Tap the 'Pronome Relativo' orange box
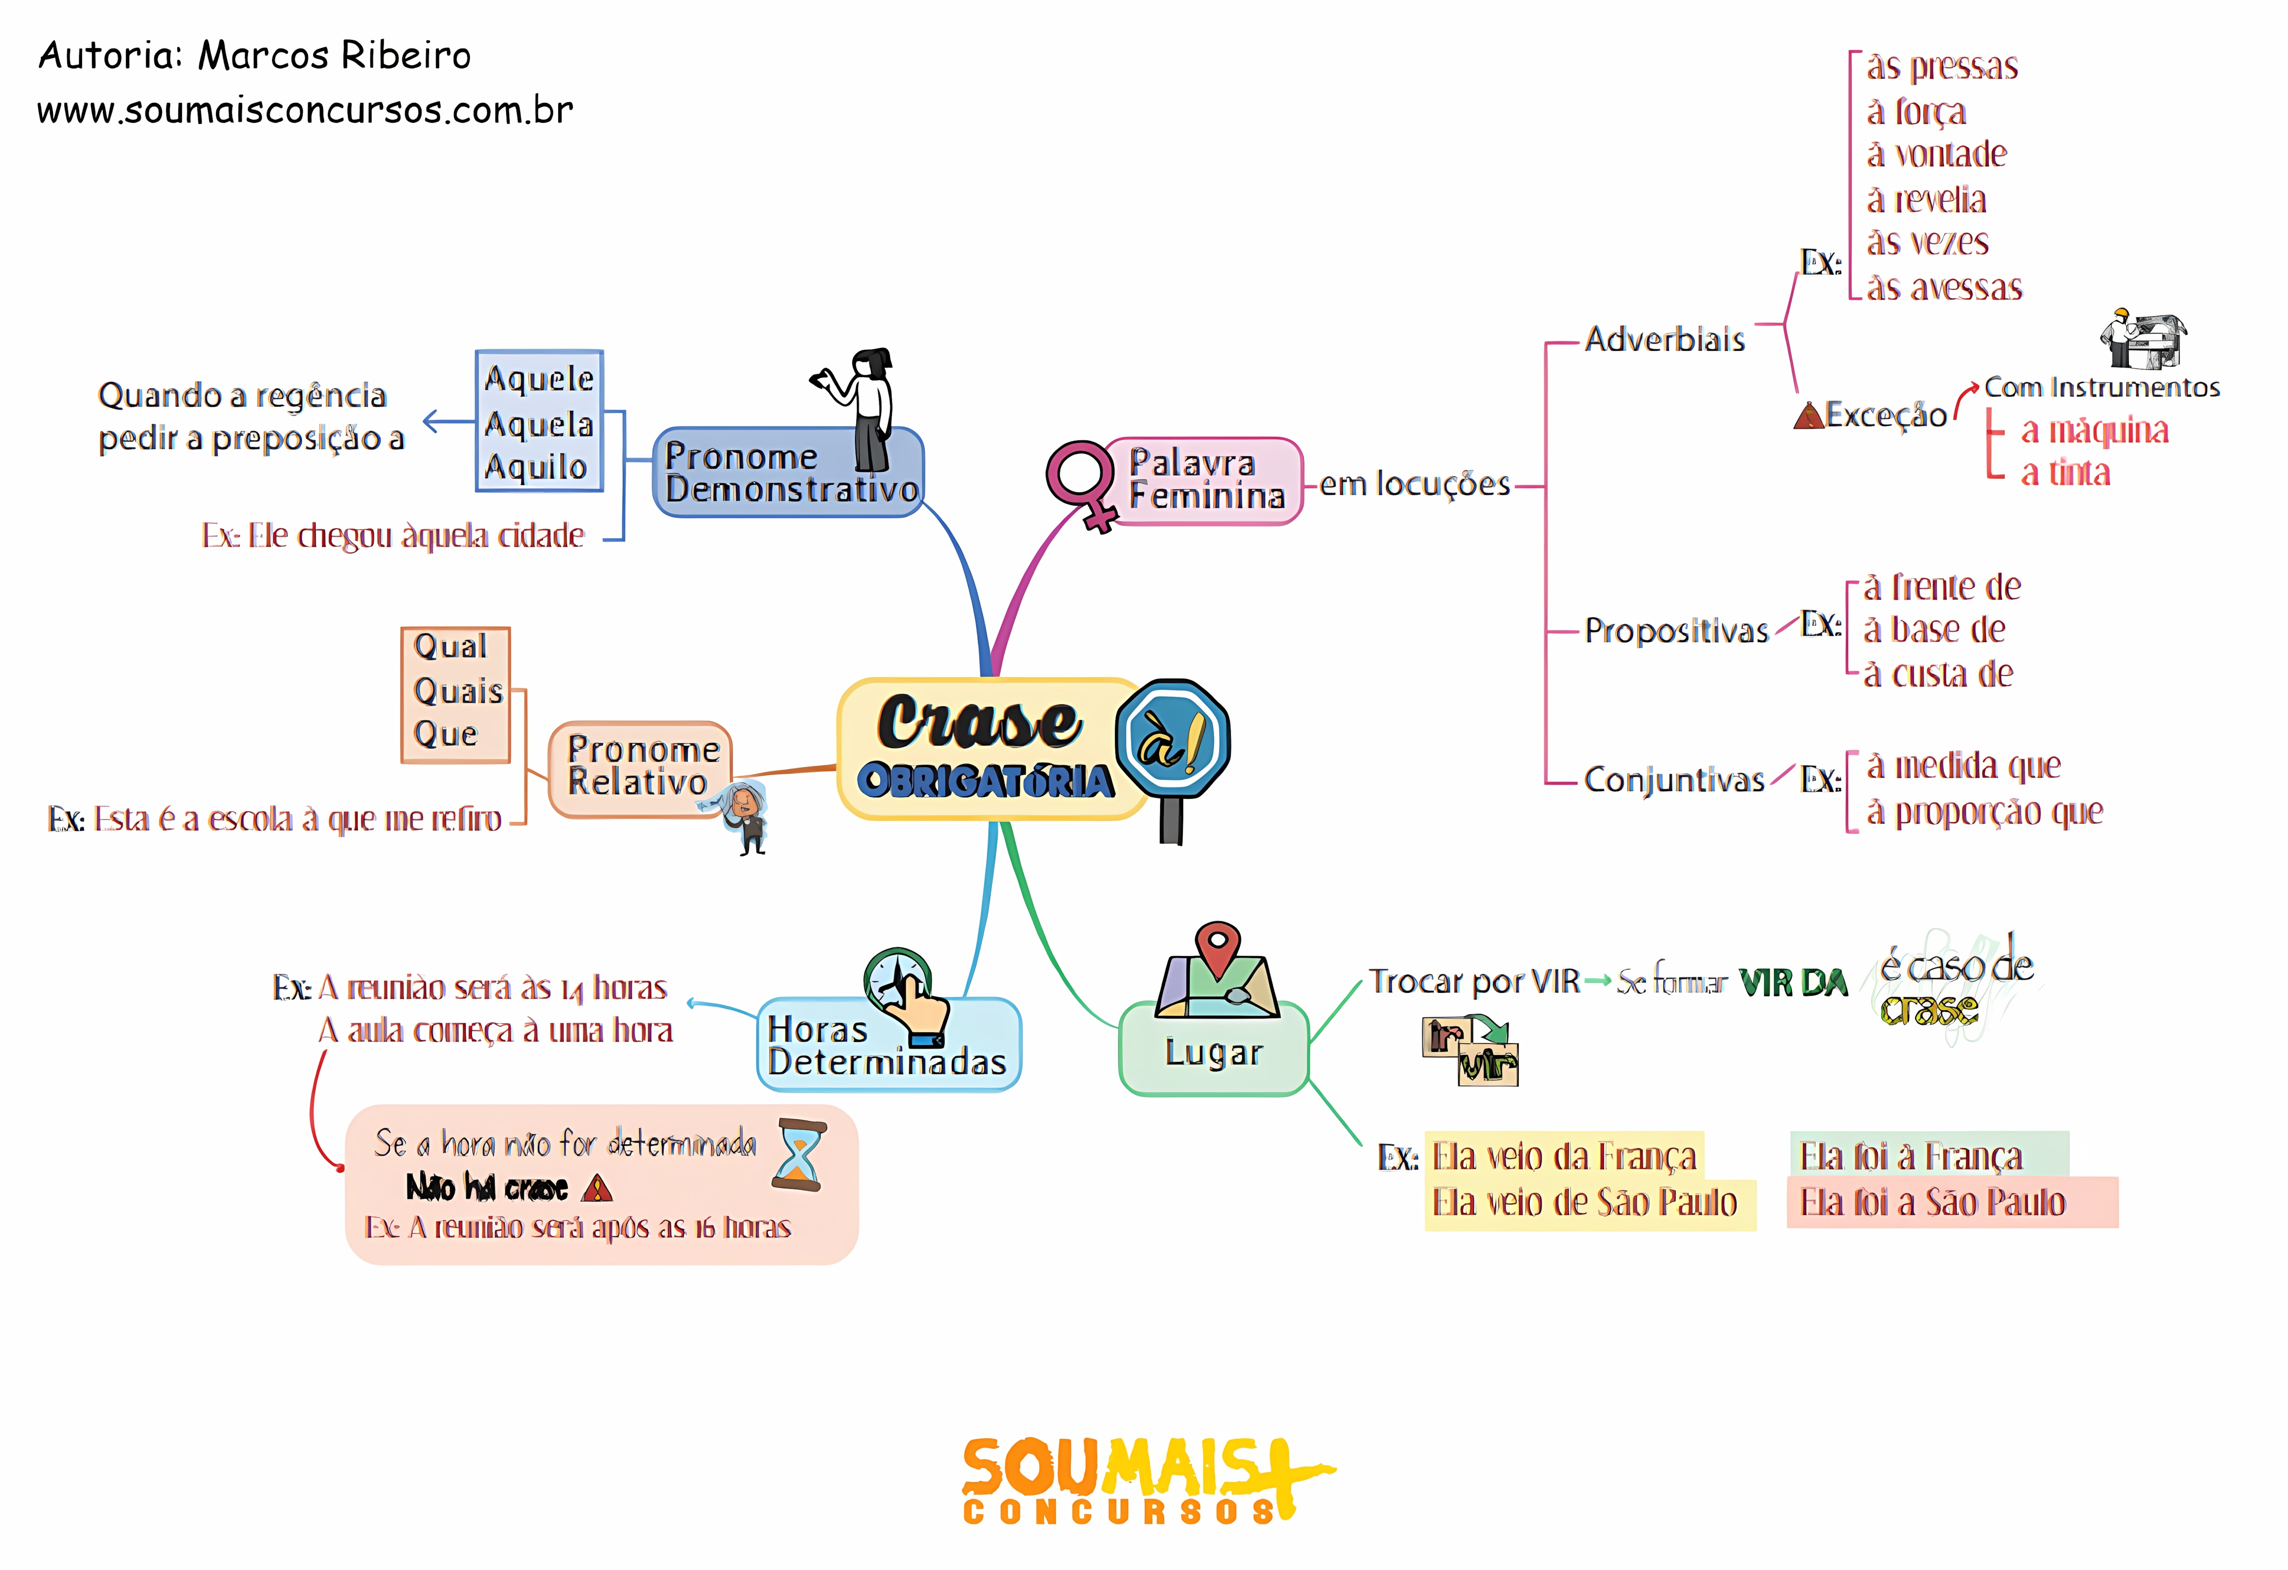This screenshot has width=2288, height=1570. coord(640,768)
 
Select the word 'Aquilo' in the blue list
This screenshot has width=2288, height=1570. coord(537,467)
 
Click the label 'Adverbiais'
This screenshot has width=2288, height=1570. coord(1664,339)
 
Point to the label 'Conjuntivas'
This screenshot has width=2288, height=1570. coord(1674,780)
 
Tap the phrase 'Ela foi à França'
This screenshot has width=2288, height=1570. coord(1910,1157)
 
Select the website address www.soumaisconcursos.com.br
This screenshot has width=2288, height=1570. coord(305,110)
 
